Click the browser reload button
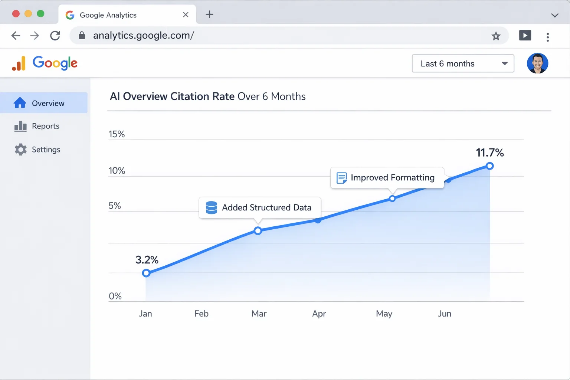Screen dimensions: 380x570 pos(55,36)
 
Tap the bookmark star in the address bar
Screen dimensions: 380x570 pos(496,36)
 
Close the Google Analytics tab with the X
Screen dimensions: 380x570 pos(186,15)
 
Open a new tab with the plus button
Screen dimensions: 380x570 pos(209,14)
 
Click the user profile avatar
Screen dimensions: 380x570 pos(537,63)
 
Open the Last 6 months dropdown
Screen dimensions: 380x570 pos(463,63)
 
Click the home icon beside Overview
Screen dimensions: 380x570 pos(20,103)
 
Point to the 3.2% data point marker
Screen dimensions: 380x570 pos(146,273)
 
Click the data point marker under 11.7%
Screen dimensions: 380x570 pos(490,166)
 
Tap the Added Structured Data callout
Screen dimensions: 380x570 pos(260,207)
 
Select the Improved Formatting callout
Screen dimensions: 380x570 pos(387,178)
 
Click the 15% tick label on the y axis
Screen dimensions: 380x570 pos(117,134)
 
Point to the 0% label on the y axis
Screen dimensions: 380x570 pos(115,296)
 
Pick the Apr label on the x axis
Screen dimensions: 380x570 pos(319,314)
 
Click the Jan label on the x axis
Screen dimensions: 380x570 pos(145,314)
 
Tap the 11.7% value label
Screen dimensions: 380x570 pos(489,153)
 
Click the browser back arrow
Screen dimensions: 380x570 pos(16,36)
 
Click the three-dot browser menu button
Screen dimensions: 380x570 pos(547,37)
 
